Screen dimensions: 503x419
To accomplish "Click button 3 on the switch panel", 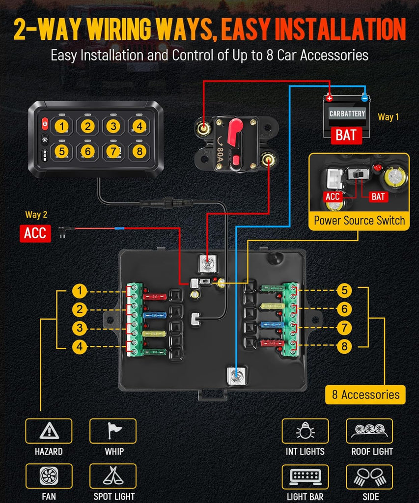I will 113,126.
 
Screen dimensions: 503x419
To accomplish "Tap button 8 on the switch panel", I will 140,151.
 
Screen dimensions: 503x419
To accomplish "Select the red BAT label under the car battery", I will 346,135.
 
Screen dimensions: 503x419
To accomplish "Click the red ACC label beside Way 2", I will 35,232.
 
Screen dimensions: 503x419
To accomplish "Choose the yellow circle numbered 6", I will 344,309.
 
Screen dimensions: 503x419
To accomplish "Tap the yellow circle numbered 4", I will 80,347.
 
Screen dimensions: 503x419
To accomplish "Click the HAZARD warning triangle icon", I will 49,431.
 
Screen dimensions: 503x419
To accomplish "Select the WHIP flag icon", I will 113,431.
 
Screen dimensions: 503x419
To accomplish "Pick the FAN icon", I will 49,476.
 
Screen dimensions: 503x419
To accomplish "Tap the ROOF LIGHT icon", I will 369,431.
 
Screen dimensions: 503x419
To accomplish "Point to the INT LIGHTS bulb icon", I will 305,431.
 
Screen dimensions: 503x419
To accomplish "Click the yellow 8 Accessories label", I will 365,394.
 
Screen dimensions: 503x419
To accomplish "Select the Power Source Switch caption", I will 359,221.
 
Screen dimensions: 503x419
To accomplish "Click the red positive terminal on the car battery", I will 329,98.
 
